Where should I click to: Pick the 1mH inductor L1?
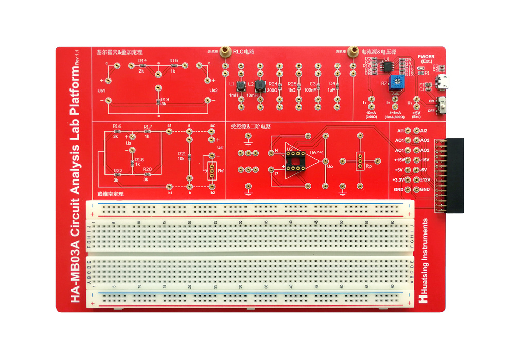click(x=240, y=85)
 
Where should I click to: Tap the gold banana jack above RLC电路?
click(x=225, y=52)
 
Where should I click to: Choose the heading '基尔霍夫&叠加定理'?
click(x=119, y=52)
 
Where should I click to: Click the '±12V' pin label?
click(x=425, y=179)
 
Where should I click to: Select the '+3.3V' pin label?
click(x=397, y=179)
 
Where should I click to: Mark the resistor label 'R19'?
click(x=165, y=99)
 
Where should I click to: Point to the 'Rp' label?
click(x=368, y=167)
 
